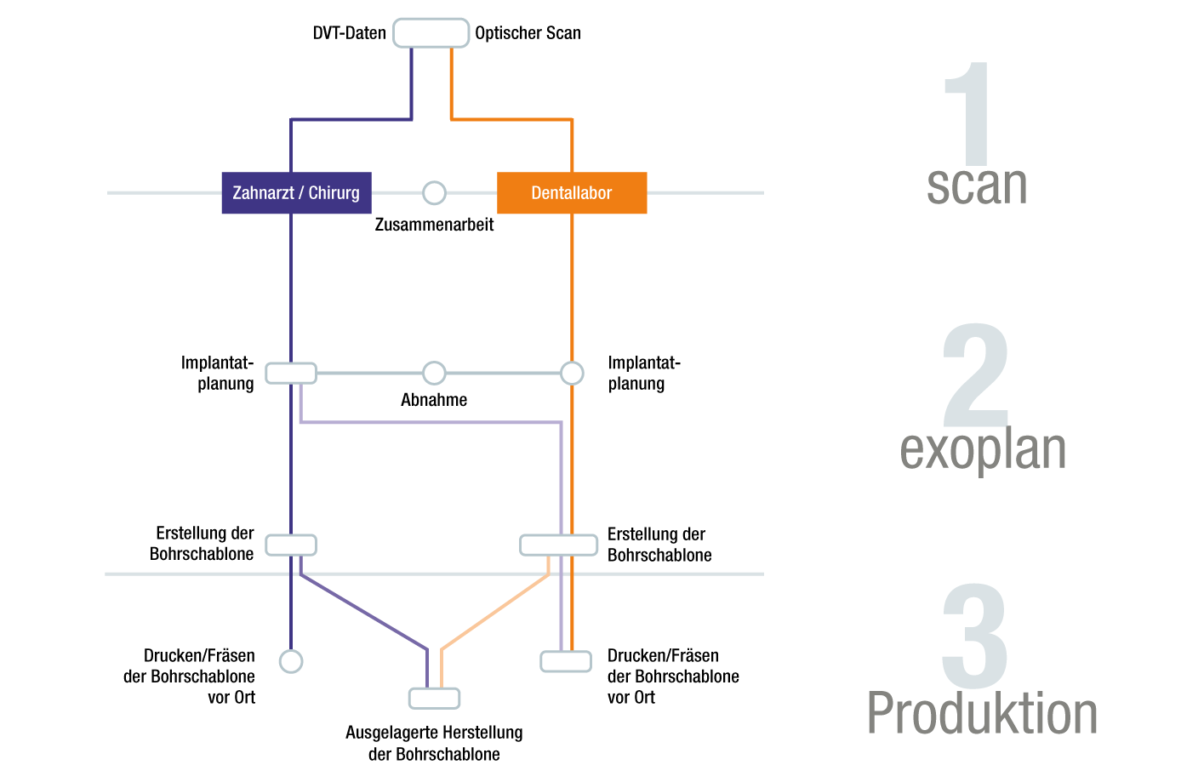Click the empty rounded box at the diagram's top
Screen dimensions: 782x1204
tap(431, 32)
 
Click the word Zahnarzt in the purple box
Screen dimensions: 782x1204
tap(262, 193)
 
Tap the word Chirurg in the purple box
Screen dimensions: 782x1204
tap(334, 193)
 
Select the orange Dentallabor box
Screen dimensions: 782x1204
tap(572, 193)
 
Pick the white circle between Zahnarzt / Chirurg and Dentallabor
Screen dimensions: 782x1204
tap(434, 193)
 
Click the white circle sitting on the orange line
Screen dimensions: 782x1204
tap(572, 373)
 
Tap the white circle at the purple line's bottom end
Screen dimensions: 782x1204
tap(291, 661)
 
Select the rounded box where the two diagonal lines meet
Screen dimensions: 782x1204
tap(434, 699)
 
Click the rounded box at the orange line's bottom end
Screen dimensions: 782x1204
tap(566, 661)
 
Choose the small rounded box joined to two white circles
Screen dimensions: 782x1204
tap(291, 373)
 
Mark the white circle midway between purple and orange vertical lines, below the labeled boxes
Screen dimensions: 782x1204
tap(434, 373)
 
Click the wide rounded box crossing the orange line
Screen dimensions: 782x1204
tap(558, 545)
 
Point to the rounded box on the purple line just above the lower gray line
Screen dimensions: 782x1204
tap(291, 545)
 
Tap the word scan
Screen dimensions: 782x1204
tap(977, 186)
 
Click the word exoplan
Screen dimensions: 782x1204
tap(983, 449)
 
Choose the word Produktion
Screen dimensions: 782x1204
tap(982, 713)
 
